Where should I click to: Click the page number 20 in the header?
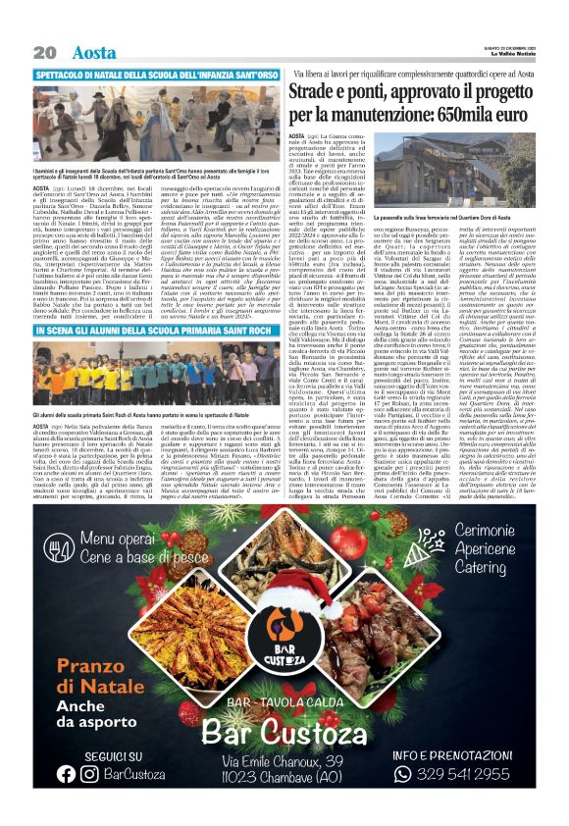coord(43,51)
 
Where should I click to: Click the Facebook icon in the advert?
coord(67,773)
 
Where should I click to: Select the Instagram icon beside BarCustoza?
coord(89,773)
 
